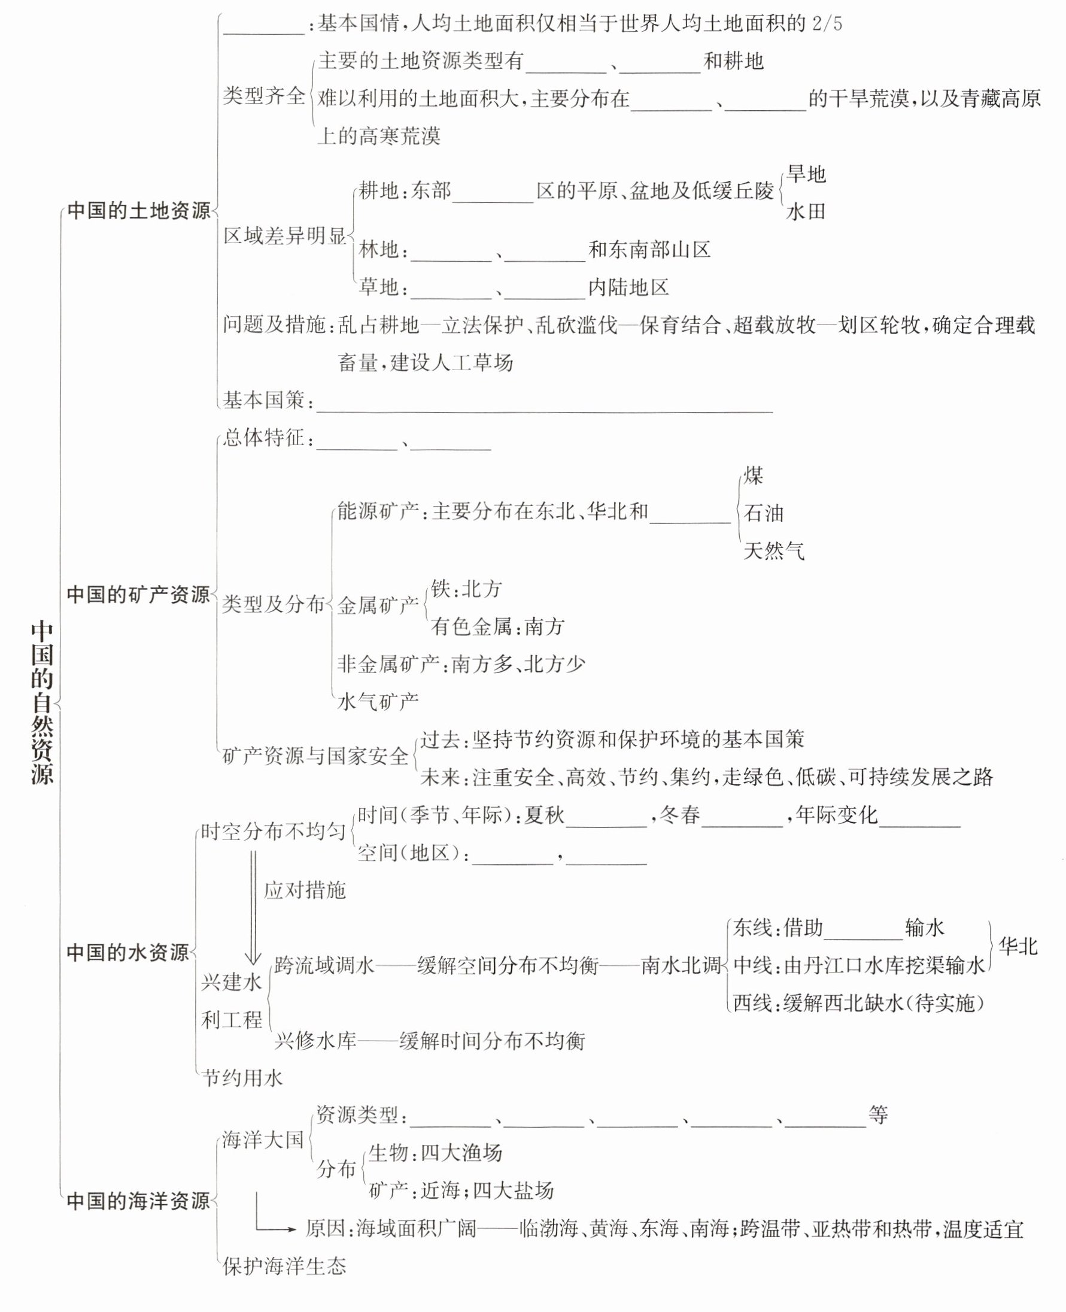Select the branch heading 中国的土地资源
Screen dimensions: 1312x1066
[x=138, y=211]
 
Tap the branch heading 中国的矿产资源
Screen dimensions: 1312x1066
[x=138, y=594]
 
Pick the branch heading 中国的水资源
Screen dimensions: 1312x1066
[x=127, y=952]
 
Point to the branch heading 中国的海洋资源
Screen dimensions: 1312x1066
[x=138, y=1200]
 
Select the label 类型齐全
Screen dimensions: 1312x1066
[x=263, y=96]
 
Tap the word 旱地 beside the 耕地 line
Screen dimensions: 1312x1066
[x=806, y=174]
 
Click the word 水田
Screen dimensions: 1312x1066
[x=806, y=212]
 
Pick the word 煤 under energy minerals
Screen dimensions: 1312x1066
[x=754, y=475]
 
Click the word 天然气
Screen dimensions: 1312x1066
[x=774, y=550]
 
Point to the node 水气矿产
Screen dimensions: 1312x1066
[x=378, y=701]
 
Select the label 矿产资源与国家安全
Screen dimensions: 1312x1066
[x=315, y=756]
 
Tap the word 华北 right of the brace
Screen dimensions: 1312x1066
[x=1018, y=946]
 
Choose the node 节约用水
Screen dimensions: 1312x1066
[x=242, y=1077]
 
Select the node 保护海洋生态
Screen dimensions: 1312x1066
[x=284, y=1265]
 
